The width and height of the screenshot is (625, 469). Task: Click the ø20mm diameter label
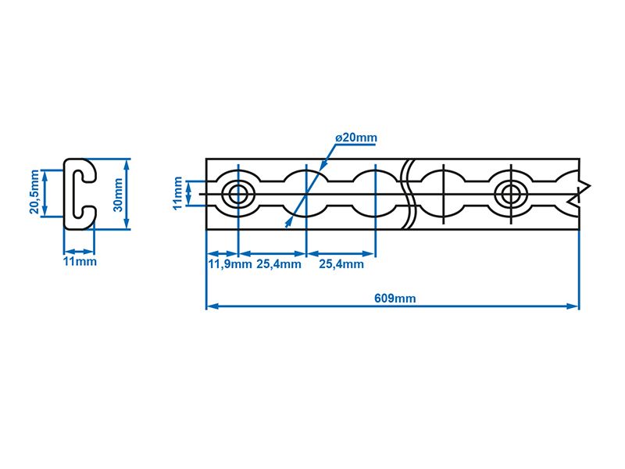tap(356, 138)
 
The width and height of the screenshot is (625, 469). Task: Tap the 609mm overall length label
tap(395, 298)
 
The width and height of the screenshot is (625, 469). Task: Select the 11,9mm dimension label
tap(230, 264)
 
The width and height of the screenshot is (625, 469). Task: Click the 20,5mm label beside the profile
tap(35, 192)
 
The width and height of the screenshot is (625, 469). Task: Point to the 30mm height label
tap(118, 195)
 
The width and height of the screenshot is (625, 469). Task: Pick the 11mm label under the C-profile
tap(80, 262)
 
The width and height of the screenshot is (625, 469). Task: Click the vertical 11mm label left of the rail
tap(178, 193)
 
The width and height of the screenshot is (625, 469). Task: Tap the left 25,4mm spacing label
tap(279, 264)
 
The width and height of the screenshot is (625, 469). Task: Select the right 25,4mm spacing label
tap(341, 264)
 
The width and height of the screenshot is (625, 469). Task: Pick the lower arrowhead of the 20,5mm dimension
tap(45, 210)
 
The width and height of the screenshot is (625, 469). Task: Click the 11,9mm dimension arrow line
tap(223, 253)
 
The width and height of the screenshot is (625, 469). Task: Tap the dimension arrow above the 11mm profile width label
tap(80, 252)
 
